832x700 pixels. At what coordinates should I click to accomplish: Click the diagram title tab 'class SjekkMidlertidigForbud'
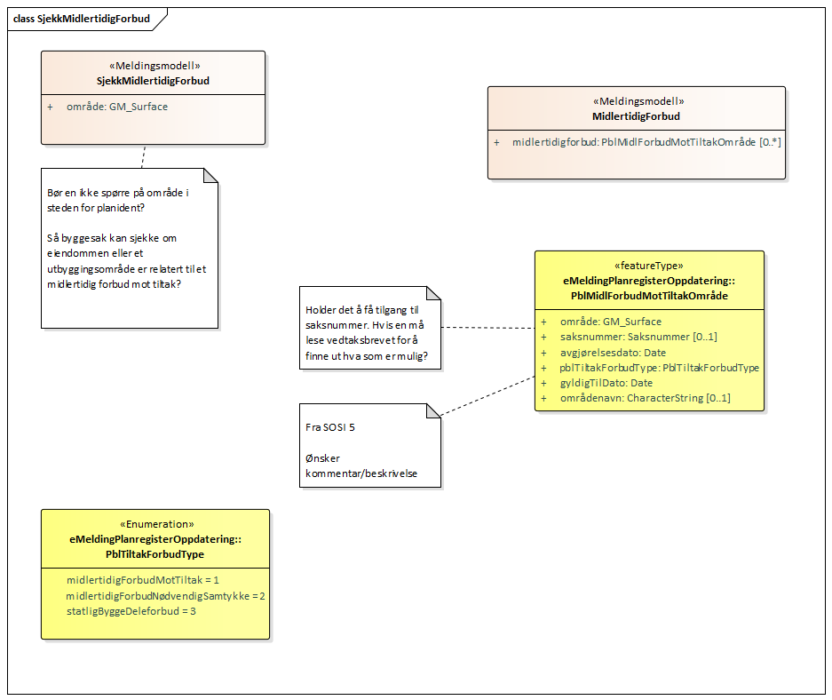click(81, 19)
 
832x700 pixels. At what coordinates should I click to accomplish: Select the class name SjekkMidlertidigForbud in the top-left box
click(153, 81)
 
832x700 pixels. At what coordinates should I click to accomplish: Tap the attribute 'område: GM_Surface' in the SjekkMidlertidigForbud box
click(116, 107)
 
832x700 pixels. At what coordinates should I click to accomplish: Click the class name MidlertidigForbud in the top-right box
click(636, 116)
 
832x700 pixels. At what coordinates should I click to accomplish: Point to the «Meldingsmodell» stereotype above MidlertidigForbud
click(636, 101)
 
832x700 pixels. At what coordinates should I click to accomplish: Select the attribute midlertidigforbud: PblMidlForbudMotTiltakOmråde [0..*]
click(646, 142)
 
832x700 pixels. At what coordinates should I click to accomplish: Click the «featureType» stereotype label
click(649, 265)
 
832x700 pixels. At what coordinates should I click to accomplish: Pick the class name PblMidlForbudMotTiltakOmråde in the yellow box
click(649, 295)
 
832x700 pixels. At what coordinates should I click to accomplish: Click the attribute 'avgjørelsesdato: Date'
click(613, 352)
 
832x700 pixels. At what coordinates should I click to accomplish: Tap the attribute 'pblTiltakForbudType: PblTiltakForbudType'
click(659, 367)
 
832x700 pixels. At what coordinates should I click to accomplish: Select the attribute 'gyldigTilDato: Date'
click(606, 383)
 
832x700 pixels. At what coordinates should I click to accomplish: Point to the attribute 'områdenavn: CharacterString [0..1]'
click(645, 398)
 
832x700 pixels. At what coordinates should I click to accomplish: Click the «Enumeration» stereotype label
click(155, 524)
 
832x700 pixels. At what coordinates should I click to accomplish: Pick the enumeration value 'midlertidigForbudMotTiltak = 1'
click(143, 580)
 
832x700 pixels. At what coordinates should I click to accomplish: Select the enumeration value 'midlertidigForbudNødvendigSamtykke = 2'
click(165, 595)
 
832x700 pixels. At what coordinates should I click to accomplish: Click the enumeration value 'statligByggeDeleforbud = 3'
click(131, 611)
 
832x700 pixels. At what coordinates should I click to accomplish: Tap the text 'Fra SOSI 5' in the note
click(330, 427)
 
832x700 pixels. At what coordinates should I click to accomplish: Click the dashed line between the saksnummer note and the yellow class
click(487, 328)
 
